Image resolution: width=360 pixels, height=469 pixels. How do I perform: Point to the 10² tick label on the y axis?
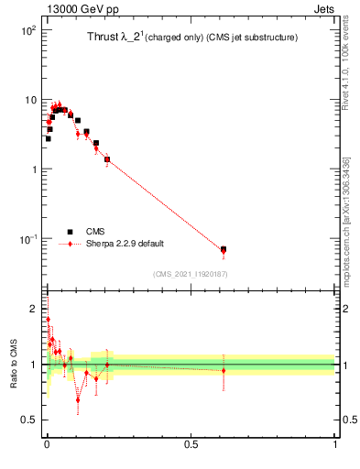27,30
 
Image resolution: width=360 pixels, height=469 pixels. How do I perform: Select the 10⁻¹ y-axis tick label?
27,239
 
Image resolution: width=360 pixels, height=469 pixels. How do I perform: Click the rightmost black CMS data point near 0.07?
224,249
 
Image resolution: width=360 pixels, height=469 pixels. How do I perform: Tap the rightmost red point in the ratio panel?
224,371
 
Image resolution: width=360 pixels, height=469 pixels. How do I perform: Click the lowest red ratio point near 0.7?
78,399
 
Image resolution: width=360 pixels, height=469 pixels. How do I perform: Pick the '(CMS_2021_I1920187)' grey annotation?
191,273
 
